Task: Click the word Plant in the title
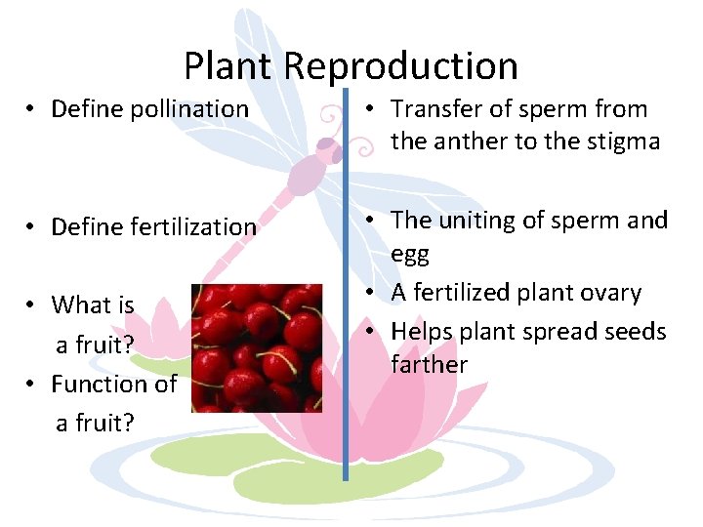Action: coord(229,66)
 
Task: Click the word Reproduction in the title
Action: coord(401,66)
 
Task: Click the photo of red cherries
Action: coord(257,348)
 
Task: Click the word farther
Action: coord(430,365)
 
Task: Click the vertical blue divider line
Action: coord(346,293)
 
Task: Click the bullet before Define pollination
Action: coord(32,109)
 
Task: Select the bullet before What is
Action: coord(32,304)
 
